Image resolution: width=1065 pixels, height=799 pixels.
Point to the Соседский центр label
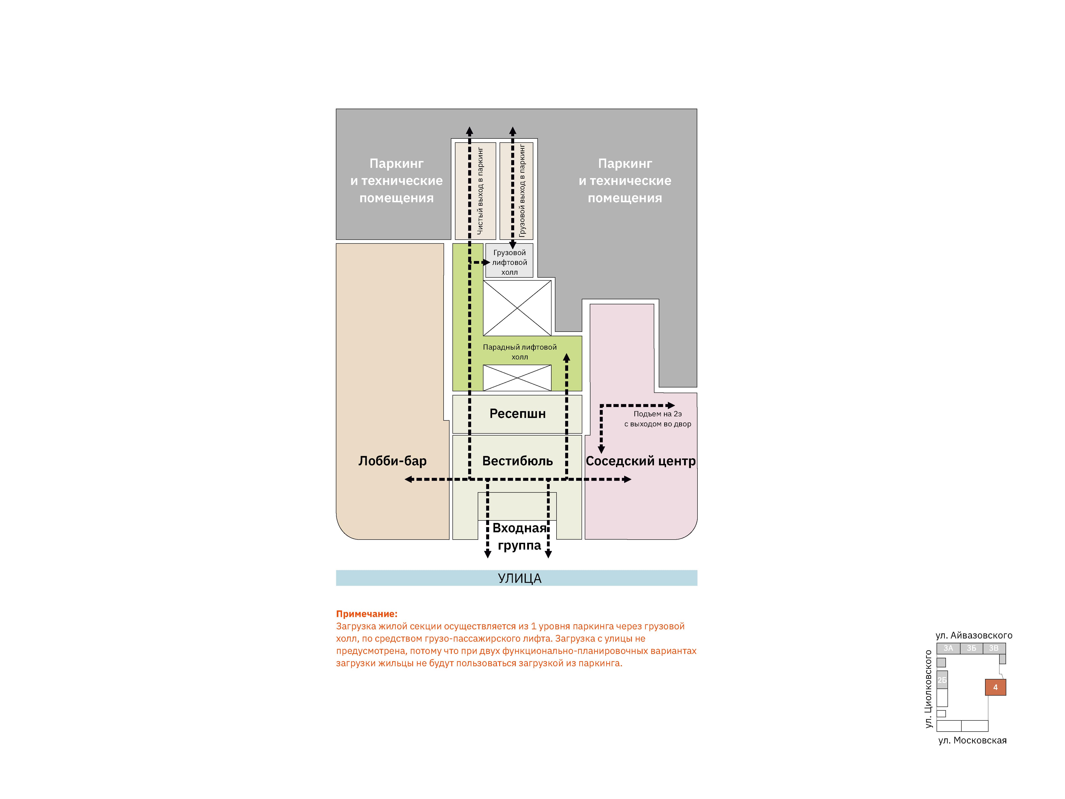pos(640,461)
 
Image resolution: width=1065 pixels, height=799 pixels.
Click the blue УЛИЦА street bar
pos(517,578)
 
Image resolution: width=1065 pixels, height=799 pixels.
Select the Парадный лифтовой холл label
pos(519,352)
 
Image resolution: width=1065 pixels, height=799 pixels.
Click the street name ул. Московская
pos(972,740)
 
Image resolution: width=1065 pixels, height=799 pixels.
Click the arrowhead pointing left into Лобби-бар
pos(408,479)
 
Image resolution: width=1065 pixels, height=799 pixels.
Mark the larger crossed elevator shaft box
pos(517,308)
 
